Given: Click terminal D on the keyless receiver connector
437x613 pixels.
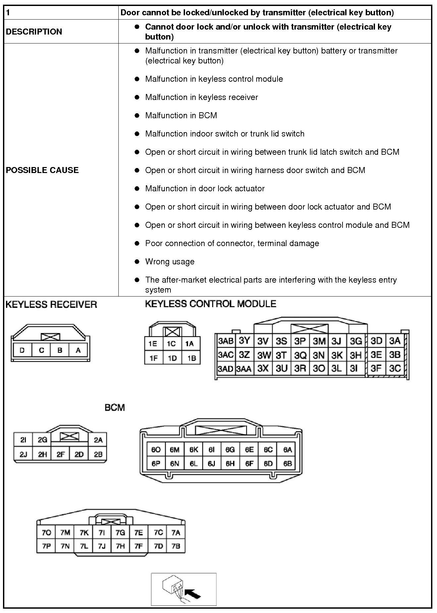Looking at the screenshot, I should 22,350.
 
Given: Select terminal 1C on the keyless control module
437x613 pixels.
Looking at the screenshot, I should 171,344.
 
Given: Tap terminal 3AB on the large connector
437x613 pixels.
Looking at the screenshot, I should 225,341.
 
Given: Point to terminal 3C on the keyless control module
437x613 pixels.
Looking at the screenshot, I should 395,368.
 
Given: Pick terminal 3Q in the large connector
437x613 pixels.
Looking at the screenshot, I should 300,355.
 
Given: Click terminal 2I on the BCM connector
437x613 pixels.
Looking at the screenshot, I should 23,440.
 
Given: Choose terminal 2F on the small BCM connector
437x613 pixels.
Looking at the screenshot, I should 60,454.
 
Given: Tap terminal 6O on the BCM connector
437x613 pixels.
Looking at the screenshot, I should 156,450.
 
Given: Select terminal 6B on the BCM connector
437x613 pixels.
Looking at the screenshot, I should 287,463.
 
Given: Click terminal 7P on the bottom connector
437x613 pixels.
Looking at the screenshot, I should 46,546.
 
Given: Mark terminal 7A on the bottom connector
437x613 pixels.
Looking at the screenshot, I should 176,533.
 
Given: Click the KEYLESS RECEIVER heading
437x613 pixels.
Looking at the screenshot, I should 51,305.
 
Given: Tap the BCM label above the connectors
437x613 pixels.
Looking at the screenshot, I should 115,407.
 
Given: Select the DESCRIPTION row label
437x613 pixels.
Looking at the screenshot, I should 34,32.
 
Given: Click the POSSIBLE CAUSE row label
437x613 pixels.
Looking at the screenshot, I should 42,170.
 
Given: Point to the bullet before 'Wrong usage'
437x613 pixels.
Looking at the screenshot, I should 137,261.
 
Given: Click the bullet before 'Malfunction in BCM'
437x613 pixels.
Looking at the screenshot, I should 137,115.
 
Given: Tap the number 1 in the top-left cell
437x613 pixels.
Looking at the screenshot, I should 8,13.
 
